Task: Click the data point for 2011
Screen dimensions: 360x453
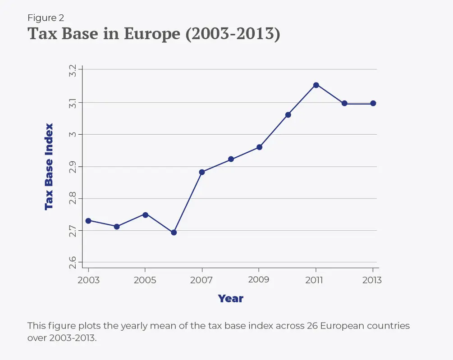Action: (x=316, y=85)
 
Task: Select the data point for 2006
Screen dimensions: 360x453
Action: (x=174, y=232)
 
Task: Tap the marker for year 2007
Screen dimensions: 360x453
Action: (x=202, y=172)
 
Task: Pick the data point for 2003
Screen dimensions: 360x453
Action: (x=88, y=221)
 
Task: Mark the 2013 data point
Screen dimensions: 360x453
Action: (x=373, y=103)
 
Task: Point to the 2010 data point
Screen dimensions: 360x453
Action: (x=288, y=114)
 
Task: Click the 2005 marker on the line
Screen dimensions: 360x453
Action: (x=145, y=214)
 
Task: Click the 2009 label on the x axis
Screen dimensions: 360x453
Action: (x=259, y=280)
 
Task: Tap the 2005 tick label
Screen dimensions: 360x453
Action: (x=145, y=280)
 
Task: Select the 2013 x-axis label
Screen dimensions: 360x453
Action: (x=372, y=280)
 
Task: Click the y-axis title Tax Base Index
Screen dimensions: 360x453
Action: (x=49, y=167)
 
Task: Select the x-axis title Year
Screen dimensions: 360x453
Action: (x=230, y=298)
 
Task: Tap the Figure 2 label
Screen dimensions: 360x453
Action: (x=46, y=18)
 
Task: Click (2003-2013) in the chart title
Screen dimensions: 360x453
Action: (x=232, y=34)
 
